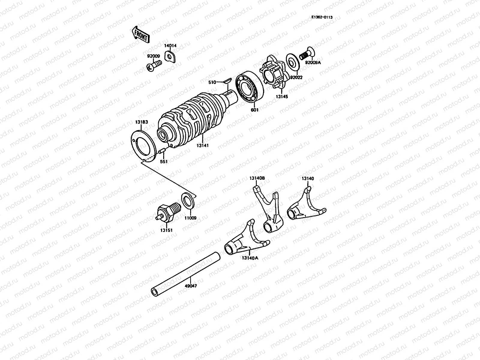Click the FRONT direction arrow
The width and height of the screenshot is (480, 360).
[140, 34]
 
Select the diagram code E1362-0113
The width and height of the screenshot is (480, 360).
[322, 17]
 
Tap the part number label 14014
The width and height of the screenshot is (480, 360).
[170, 46]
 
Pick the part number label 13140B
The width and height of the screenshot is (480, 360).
[257, 178]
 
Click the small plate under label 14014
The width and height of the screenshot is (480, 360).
[170, 56]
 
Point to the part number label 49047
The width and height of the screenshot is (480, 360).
[191, 286]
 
